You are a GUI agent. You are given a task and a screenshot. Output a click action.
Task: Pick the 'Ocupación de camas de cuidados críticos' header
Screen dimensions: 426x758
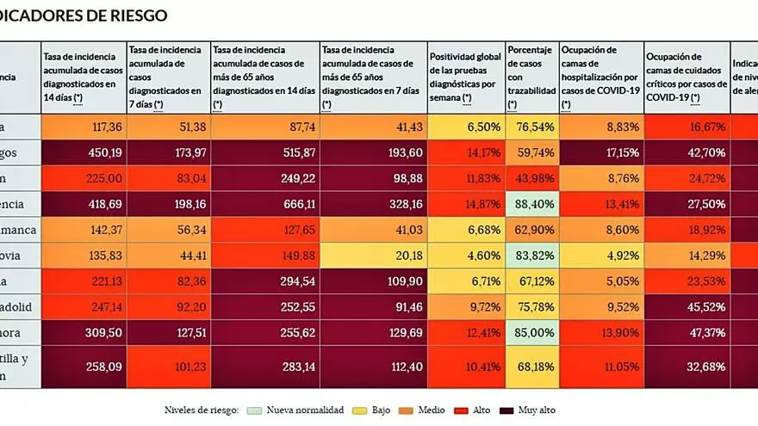click(686, 75)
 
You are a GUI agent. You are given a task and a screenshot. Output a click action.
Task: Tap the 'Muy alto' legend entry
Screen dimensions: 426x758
click(537, 410)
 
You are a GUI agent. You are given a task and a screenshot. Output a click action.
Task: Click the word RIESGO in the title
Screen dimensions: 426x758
click(134, 15)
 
